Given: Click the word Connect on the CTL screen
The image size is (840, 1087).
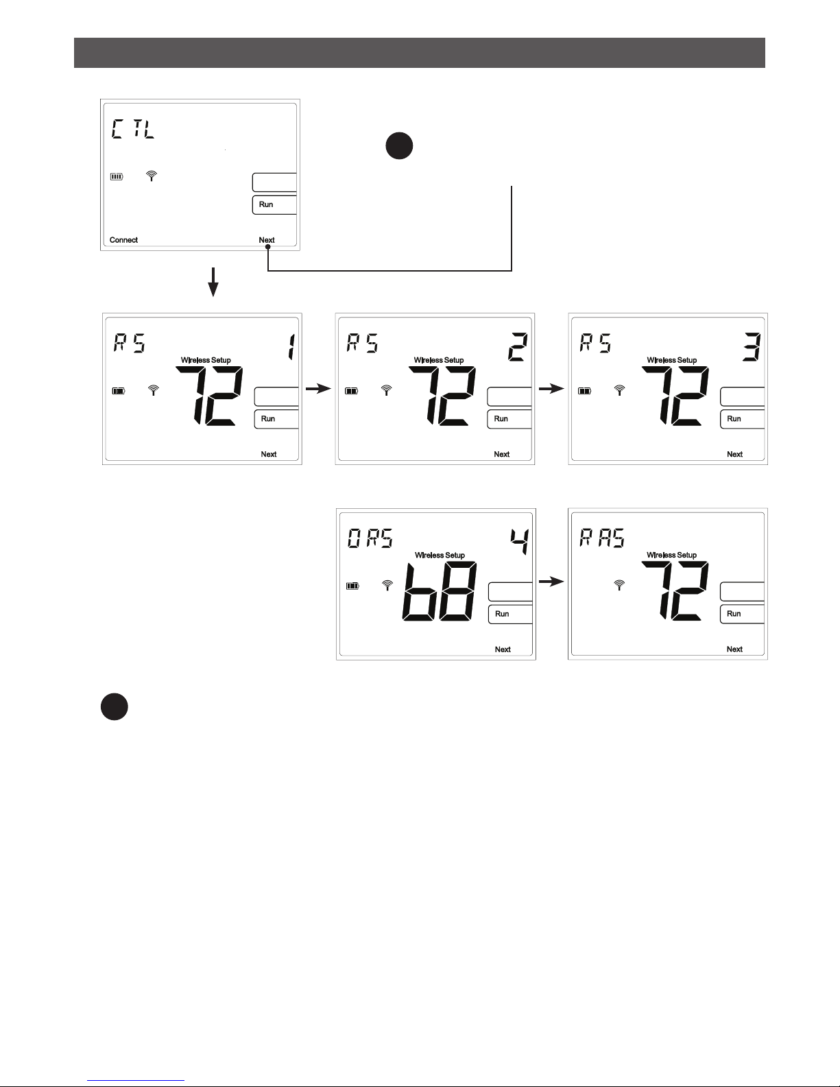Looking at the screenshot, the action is [123, 240].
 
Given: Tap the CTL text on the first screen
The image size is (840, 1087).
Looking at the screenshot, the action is [133, 128].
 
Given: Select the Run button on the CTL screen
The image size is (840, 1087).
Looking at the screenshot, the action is [274, 205].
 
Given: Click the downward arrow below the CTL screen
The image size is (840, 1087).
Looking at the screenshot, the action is [213, 282].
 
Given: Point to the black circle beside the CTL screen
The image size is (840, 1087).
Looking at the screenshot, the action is [399, 145].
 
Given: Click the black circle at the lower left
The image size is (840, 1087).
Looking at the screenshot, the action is [115, 706].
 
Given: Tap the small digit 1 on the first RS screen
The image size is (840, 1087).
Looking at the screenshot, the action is [291, 346].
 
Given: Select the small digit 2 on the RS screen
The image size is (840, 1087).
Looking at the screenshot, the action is [518, 346].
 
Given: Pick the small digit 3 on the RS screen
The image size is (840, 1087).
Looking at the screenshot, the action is [751, 346].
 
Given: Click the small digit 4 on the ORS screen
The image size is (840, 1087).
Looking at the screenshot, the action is [520, 542].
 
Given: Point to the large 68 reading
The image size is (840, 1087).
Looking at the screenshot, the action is [440, 592].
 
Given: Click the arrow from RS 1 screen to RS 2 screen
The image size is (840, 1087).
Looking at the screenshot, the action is [318, 389].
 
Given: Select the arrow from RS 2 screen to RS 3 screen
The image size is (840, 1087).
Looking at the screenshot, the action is [551, 389].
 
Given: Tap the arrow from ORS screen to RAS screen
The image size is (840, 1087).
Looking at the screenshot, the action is [551, 582].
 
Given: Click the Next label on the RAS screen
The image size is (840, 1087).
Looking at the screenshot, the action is [734, 649].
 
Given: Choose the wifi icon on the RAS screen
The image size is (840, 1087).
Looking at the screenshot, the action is [619, 585].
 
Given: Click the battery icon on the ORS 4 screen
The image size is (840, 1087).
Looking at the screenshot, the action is [352, 586].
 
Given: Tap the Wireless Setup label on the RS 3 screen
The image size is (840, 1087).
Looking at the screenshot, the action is [671, 360].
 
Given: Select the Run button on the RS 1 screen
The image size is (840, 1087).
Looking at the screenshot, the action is [276, 419].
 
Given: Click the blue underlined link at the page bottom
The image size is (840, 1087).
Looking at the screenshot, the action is [136, 1081].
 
